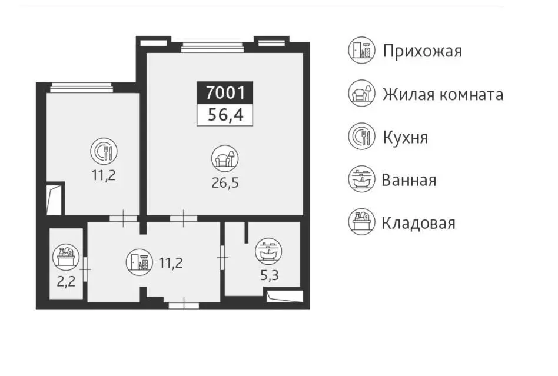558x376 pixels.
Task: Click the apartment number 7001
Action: tap(225, 93)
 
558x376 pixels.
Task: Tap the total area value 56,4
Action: tap(225, 115)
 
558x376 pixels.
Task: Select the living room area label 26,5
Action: tap(225, 183)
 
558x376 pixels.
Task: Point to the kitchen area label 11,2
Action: tap(104, 175)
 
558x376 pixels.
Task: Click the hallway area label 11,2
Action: tap(171, 263)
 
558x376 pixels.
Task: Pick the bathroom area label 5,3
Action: tap(270, 275)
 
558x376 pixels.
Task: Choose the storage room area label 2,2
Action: tap(66, 282)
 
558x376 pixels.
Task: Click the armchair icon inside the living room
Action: tap(225, 158)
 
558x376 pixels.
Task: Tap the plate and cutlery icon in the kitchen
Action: tap(104, 151)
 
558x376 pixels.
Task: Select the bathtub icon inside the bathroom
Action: tap(268, 251)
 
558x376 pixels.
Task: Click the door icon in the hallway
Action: tap(139, 262)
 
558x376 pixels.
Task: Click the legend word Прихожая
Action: tap(423, 51)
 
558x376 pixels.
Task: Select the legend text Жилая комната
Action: tap(443, 95)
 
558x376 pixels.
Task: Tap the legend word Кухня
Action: tap(406, 137)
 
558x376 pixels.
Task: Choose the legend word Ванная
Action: tap(409, 180)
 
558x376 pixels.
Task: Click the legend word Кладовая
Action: tap(418, 224)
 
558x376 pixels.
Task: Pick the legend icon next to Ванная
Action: tap(361, 179)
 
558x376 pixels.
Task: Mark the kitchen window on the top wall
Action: tap(81, 88)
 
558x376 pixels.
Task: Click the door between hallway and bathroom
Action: tap(222, 257)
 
